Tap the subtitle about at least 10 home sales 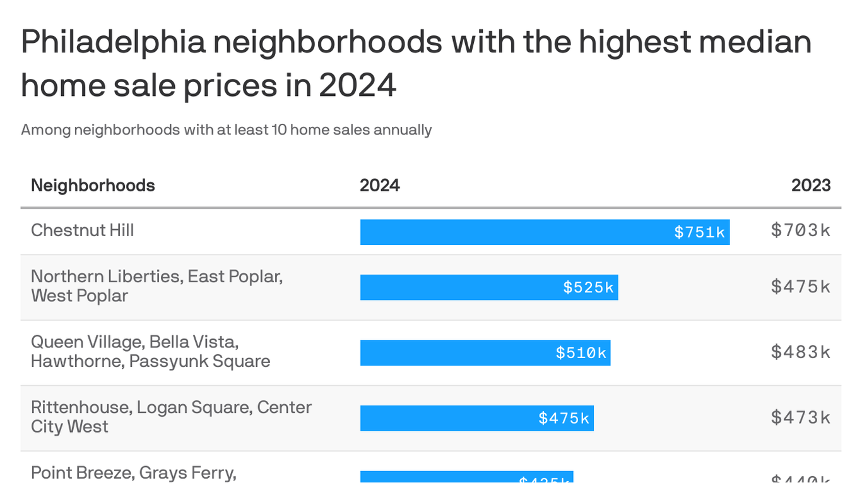(x=226, y=130)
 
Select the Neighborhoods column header (x=93, y=185)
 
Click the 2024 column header (x=379, y=185)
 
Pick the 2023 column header (x=811, y=185)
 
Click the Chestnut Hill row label (x=83, y=230)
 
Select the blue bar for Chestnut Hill (x=505, y=232)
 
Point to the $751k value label (x=699, y=232)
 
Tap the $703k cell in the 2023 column (x=800, y=231)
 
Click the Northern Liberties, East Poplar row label (x=156, y=285)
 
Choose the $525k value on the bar (x=588, y=287)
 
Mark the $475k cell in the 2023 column (x=800, y=287)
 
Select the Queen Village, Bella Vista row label (x=150, y=351)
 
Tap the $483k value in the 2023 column (x=800, y=352)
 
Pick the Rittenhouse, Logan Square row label (x=170, y=416)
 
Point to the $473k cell (x=800, y=417)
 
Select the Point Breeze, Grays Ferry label (x=133, y=473)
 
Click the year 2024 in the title (x=357, y=86)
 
